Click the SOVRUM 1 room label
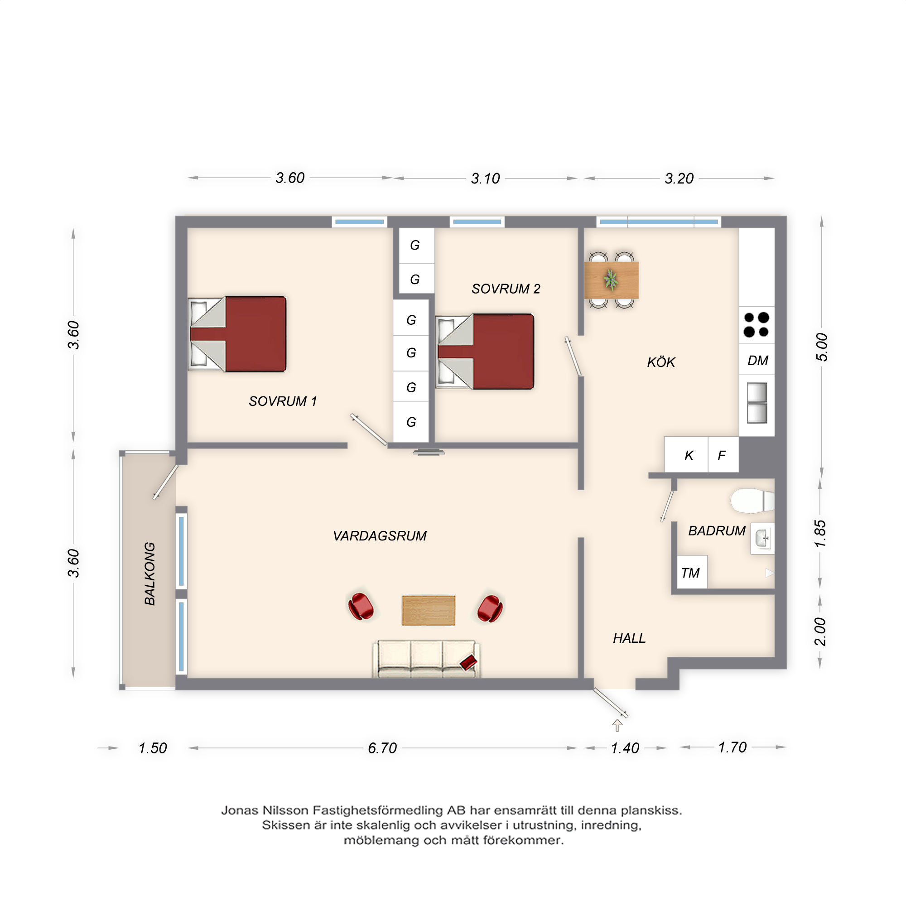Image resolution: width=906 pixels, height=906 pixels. pyautogui.click(x=283, y=401)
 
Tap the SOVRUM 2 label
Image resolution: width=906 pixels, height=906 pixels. pyautogui.click(x=506, y=289)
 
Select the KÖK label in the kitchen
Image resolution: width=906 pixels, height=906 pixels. pyautogui.click(x=661, y=362)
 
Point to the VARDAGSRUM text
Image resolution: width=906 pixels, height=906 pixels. pyautogui.click(x=380, y=536)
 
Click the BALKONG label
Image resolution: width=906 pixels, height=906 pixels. pyautogui.click(x=149, y=574)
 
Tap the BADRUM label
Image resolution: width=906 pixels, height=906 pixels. pyautogui.click(x=717, y=531)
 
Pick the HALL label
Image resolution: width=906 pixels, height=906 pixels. pyautogui.click(x=629, y=638)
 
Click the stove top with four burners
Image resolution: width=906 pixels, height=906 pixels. pyautogui.click(x=757, y=324)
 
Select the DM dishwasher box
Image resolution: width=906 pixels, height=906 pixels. pyautogui.click(x=757, y=360)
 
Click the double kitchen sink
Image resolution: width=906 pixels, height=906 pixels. pyautogui.click(x=757, y=403)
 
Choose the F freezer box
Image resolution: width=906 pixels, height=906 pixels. pyautogui.click(x=723, y=454)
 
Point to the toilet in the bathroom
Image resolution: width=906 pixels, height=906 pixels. pyautogui.click(x=752, y=501)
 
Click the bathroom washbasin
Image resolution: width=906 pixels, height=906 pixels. pyautogui.click(x=762, y=538)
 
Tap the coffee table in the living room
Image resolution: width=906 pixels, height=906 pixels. pyautogui.click(x=429, y=611)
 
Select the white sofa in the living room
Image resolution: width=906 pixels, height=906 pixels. pyautogui.click(x=426, y=659)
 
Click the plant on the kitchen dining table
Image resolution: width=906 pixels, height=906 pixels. pyautogui.click(x=611, y=280)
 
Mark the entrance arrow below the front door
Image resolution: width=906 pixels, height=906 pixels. pyautogui.click(x=617, y=725)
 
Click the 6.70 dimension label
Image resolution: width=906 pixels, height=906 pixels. pyautogui.click(x=382, y=748)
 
